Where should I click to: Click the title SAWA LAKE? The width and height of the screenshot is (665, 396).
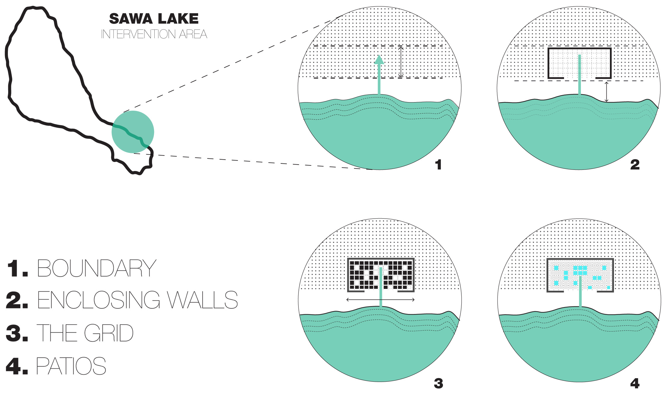(x=154, y=19)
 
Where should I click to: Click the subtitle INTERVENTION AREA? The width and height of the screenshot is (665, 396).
(x=154, y=34)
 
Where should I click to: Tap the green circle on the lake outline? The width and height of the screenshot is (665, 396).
(x=133, y=132)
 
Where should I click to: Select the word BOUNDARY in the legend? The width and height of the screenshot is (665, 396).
(x=97, y=268)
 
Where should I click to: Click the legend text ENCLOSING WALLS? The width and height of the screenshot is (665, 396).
(x=137, y=300)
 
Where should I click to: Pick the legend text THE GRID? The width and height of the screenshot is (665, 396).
(x=85, y=333)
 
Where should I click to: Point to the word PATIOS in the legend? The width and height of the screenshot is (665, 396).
(x=71, y=366)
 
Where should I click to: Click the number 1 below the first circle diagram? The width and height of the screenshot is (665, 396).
(x=438, y=165)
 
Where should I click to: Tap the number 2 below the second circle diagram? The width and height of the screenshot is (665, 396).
(x=635, y=165)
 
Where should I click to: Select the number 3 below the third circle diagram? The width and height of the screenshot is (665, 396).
(x=438, y=383)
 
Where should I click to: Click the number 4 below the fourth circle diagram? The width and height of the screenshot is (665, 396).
(x=635, y=383)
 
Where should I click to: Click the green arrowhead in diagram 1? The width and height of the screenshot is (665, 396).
(x=379, y=60)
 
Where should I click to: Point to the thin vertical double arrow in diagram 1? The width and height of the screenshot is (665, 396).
(x=401, y=62)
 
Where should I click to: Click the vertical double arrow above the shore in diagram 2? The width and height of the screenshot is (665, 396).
(x=606, y=92)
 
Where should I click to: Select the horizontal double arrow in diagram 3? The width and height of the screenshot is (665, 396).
(x=381, y=299)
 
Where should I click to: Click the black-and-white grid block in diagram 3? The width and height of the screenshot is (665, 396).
(x=381, y=275)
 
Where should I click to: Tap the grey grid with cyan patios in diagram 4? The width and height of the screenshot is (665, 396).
(x=580, y=275)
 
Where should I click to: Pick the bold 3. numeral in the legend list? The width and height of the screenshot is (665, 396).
(x=17, y=333)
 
